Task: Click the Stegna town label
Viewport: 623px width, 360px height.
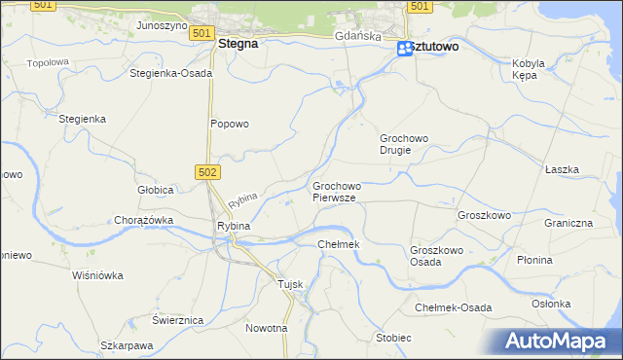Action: (x=238, y=44)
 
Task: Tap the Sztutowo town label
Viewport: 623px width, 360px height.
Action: (x=435, y=47)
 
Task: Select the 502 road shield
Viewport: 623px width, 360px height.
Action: (x=210, y=171)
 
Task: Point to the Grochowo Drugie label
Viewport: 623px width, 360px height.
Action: (x=404, y=144)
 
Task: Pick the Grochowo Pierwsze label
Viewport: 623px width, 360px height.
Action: (x=337, y=192)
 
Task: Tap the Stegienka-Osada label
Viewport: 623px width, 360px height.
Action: (x=170, y=73)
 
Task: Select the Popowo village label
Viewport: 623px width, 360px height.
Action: (x=231, y=124)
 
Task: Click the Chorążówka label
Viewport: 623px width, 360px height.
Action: (x=143, y=220)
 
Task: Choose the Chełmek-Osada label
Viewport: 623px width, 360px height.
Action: (x=454, y=307)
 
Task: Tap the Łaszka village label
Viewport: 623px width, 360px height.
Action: (x=563, y=169)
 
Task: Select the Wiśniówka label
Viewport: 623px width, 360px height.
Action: (x=98, y=275)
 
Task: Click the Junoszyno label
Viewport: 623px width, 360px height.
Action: (x=162, y=25)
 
